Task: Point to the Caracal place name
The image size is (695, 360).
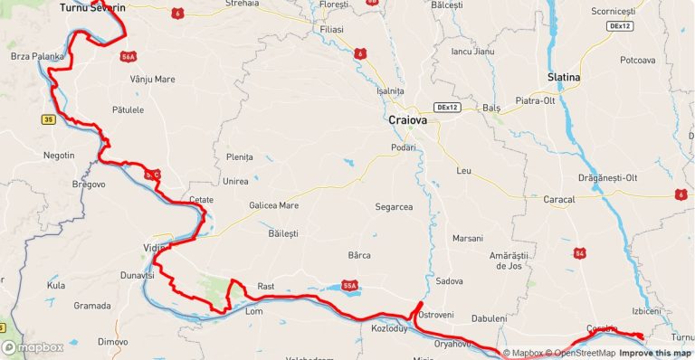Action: pos(559,199)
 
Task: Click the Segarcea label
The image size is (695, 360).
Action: pos(394,207)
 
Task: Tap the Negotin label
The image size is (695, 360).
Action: pos(59,155)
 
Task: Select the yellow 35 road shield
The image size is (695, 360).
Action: pos(48,118)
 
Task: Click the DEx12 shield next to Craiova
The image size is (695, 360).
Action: pos(447,107)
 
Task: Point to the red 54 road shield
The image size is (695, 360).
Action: pos(579,252)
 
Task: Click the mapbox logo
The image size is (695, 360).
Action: pos(33,347)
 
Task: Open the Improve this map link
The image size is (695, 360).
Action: pos(657,353)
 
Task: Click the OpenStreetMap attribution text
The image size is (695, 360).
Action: pos(586,353)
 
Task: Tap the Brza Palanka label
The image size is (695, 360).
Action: pos(37,56)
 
